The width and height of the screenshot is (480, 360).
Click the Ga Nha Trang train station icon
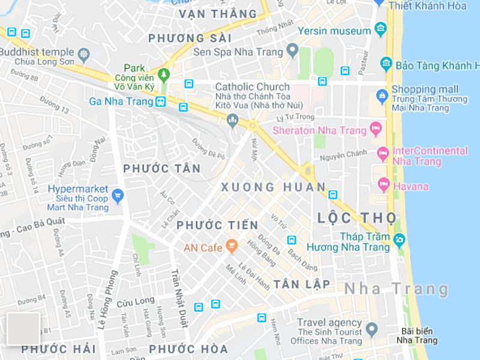[x=160, y=101]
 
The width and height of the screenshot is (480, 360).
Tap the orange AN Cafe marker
[x=232, y=246]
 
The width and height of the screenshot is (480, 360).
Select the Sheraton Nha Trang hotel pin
[x=376, y=128]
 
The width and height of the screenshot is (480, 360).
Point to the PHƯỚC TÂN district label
[x=161, y=169]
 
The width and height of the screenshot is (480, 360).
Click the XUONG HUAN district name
[x=273, y=187]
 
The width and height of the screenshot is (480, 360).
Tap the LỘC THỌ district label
[x=356, y=217]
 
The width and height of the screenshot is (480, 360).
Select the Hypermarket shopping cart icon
[x=118, y=194]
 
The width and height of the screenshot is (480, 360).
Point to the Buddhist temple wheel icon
[x=83, y=55]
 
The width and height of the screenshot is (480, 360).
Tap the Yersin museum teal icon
[x=380, y=29]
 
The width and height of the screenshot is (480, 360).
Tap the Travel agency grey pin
[x=371, y=329]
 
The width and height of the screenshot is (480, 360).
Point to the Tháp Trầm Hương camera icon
[x=399, y=241]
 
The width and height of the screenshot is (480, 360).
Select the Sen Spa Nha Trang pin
[x=292, y=50]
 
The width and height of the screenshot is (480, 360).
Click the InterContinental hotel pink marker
[x=383, y=154]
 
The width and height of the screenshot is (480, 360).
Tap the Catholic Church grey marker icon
[x=233, y=121]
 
